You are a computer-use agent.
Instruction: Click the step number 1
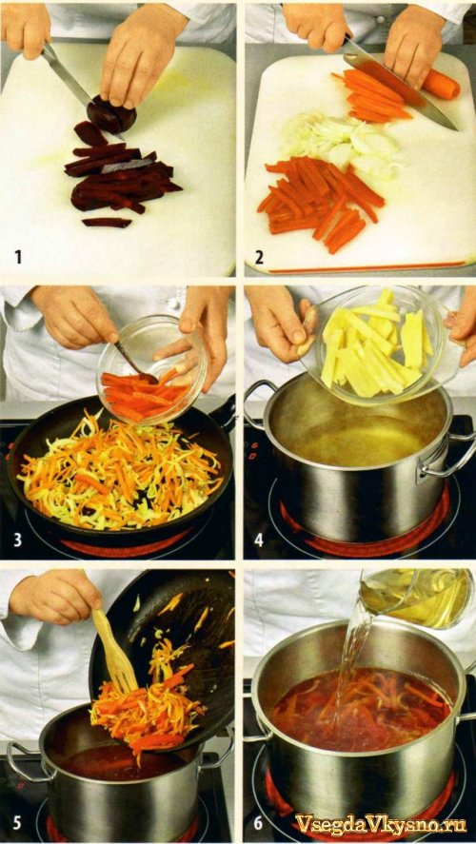tap(18, 257)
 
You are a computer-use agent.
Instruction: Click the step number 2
tap(259, 257)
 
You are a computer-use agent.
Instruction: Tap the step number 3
tap(18, 540)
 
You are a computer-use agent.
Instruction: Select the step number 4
tap(259, 540)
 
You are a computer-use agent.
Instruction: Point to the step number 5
tap(18, 824)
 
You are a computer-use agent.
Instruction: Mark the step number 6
tap(259, 824)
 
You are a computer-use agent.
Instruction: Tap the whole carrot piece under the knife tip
tap(441, 85)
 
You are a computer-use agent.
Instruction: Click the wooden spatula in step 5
tap(113, 650)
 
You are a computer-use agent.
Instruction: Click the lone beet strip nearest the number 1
tap(107, 222)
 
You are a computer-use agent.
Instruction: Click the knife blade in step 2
tap(401, 87)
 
